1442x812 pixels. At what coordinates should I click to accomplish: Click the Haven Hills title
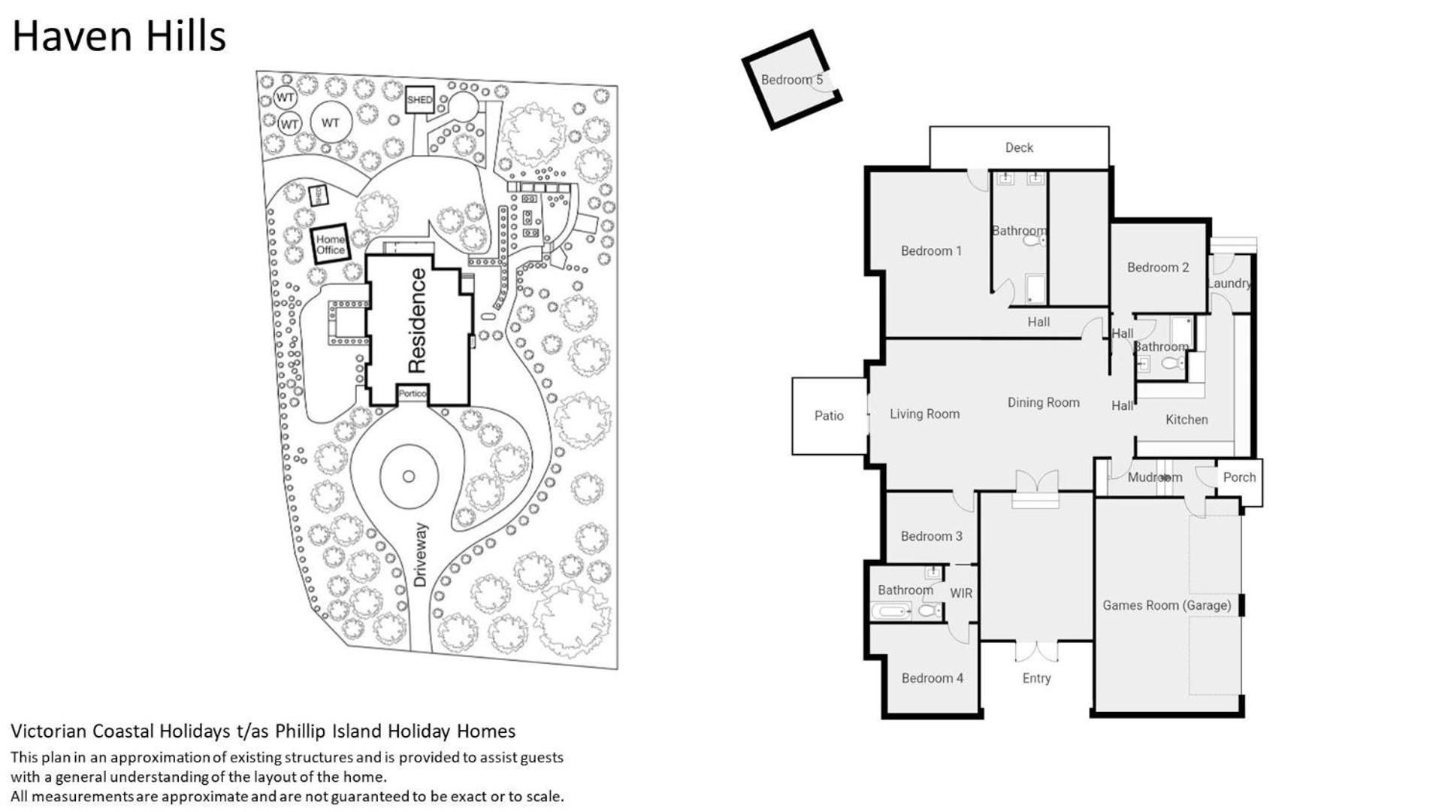click(x=119, y=36)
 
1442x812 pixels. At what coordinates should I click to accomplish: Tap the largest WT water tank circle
click(x=331, y=123)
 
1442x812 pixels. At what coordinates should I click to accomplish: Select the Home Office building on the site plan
click(x=331, y=244)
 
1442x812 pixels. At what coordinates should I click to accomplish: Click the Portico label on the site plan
click(x=413, y=393)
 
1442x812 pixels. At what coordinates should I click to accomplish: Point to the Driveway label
click(x=420, y=556)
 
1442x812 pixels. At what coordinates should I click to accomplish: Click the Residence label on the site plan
click(x=417, y=321)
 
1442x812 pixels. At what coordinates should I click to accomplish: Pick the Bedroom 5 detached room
click(x=791, y=80)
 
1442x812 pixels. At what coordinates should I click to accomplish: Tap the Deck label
click(x=1019, y=148)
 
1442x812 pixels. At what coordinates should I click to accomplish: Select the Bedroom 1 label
click(x=931, y=251)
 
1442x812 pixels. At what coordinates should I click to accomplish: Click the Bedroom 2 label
click(x=1158, y=268)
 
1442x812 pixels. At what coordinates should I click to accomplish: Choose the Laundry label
click(x=1229, y=283)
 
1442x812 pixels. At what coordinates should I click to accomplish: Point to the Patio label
click(x=829, y=416)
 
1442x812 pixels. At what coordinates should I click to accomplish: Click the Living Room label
click(x=924, y=414)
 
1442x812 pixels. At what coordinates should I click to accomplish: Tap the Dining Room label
click(x=1043, y=403)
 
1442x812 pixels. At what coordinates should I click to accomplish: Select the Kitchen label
click(x=1187, y=420)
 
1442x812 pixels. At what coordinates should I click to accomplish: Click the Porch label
click(x=1239, y=477)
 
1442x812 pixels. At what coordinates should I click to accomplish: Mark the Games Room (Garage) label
click(x=1166, y=605)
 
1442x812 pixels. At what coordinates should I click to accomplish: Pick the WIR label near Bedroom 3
click(x=961, y=593)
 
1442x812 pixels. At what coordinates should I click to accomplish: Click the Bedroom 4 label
click(x=932, y=678)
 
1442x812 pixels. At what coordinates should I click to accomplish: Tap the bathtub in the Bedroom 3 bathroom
click(x=892, y=611)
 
